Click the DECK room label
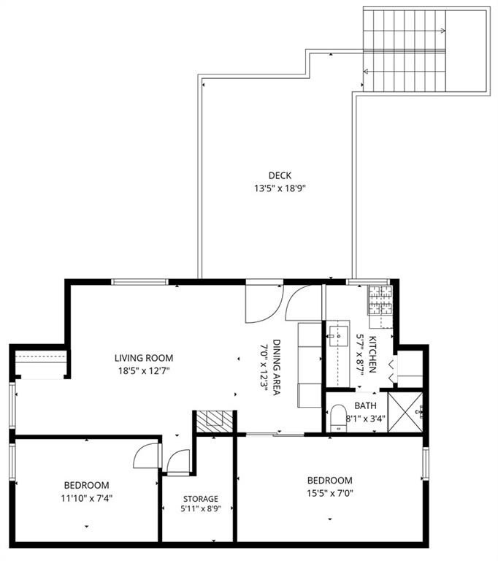280,175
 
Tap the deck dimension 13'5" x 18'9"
280,188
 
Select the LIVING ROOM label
144,358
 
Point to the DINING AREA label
277,367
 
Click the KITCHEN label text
372,354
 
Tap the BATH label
365,405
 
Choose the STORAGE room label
201,499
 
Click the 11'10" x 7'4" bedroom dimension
87,498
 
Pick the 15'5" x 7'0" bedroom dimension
330,493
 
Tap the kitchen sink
338,336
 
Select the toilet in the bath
338,418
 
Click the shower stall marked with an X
405,412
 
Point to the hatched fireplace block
214,421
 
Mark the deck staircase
405,50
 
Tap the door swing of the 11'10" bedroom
147,455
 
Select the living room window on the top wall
139,282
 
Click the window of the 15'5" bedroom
426,463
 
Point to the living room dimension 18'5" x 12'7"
144,370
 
